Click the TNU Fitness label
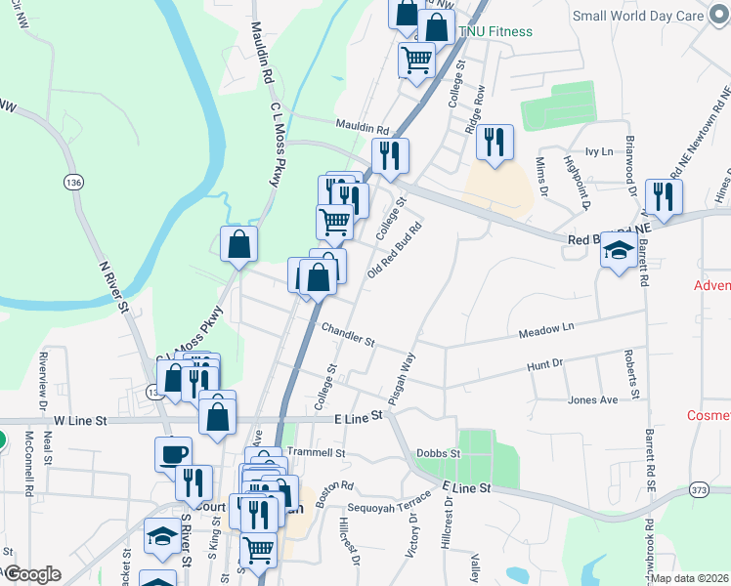498,31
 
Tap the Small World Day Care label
652,16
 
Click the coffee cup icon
174,454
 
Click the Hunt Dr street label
545,363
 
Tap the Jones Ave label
593,400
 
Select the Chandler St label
348,336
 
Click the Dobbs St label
437,454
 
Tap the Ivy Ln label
598,151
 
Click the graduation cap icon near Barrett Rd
619,252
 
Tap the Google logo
32,574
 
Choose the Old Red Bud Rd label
394,250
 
